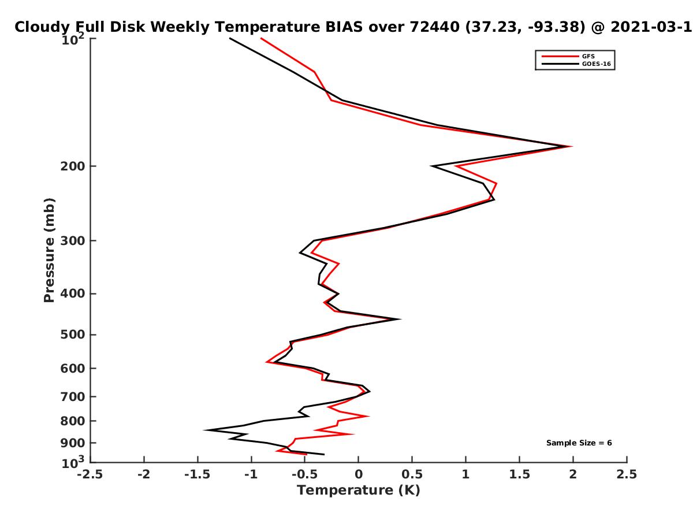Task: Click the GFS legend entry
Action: pos(568,56)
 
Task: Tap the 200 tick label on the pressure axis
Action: pos(73,166)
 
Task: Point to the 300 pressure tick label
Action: pos(73,241)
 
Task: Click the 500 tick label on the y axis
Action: pos(73,335)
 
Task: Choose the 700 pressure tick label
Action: pos(73,397)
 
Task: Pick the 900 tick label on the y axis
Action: pos(73,443)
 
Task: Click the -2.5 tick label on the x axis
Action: pos(90,474)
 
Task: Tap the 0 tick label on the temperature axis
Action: pos(359,474)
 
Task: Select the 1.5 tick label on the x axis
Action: pos(519,474)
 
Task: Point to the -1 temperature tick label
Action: pos(251,474)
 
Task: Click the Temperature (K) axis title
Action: pos(359,491)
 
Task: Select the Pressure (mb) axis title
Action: pos(49,250)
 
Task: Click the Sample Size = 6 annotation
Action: pos(579,443)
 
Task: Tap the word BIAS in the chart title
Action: pos(344,27)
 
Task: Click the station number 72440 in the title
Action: pos(435,27)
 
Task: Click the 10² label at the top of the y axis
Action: pos(73,39)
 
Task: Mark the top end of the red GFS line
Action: pos(261,38)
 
